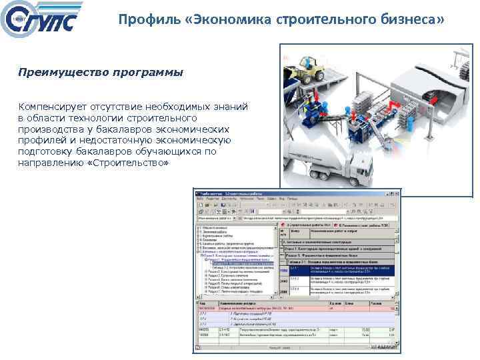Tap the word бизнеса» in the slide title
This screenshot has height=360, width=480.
coord(413,19)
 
